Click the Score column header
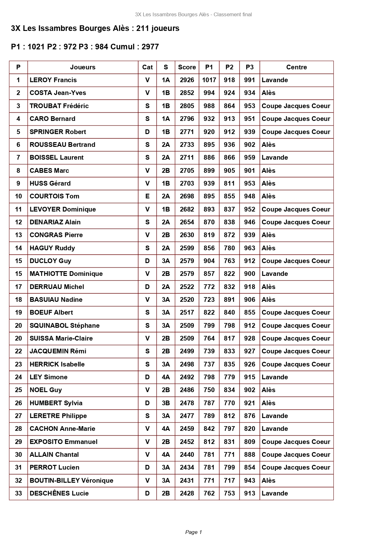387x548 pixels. (x=187, y=67)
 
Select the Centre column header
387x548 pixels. (x=296, y=67)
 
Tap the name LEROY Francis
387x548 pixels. (x=53, y=80)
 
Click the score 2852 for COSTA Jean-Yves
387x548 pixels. (x=187, y=93)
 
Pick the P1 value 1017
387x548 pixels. (x=209, y=80)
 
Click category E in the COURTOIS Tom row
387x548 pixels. (x=147, y=196)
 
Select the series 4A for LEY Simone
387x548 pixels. (x=166, y=377)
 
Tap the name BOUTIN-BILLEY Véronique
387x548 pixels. (x=71, y=481)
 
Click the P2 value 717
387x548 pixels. (x=229, y=481)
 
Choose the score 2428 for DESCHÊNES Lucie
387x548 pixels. (x=187, y=493)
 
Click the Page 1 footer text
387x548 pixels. (x=193, y=532)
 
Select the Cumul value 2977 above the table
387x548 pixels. (x=150, y=47)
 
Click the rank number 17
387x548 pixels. (x=18, y=287)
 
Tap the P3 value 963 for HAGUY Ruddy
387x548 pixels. (x=249, y=248)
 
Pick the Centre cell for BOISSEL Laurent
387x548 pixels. (x=275, y=157)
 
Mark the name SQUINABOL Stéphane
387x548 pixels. (x=65, y=326)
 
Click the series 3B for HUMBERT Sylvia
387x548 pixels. (x=166, y=403)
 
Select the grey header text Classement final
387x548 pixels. (x=233, y=14)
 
